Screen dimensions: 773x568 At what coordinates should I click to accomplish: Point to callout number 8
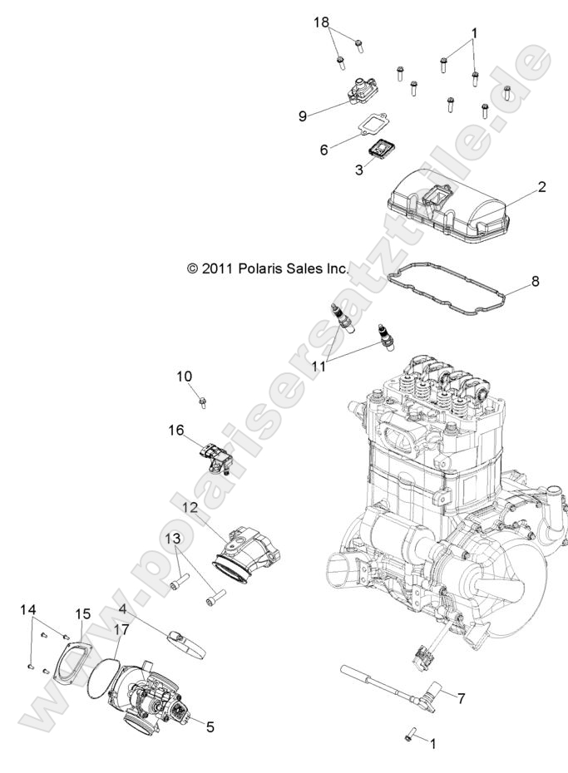(x=535, y=281)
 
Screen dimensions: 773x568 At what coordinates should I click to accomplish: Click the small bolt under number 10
(x=204, y=403)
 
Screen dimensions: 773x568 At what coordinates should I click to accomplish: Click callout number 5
(x=210, y=726)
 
